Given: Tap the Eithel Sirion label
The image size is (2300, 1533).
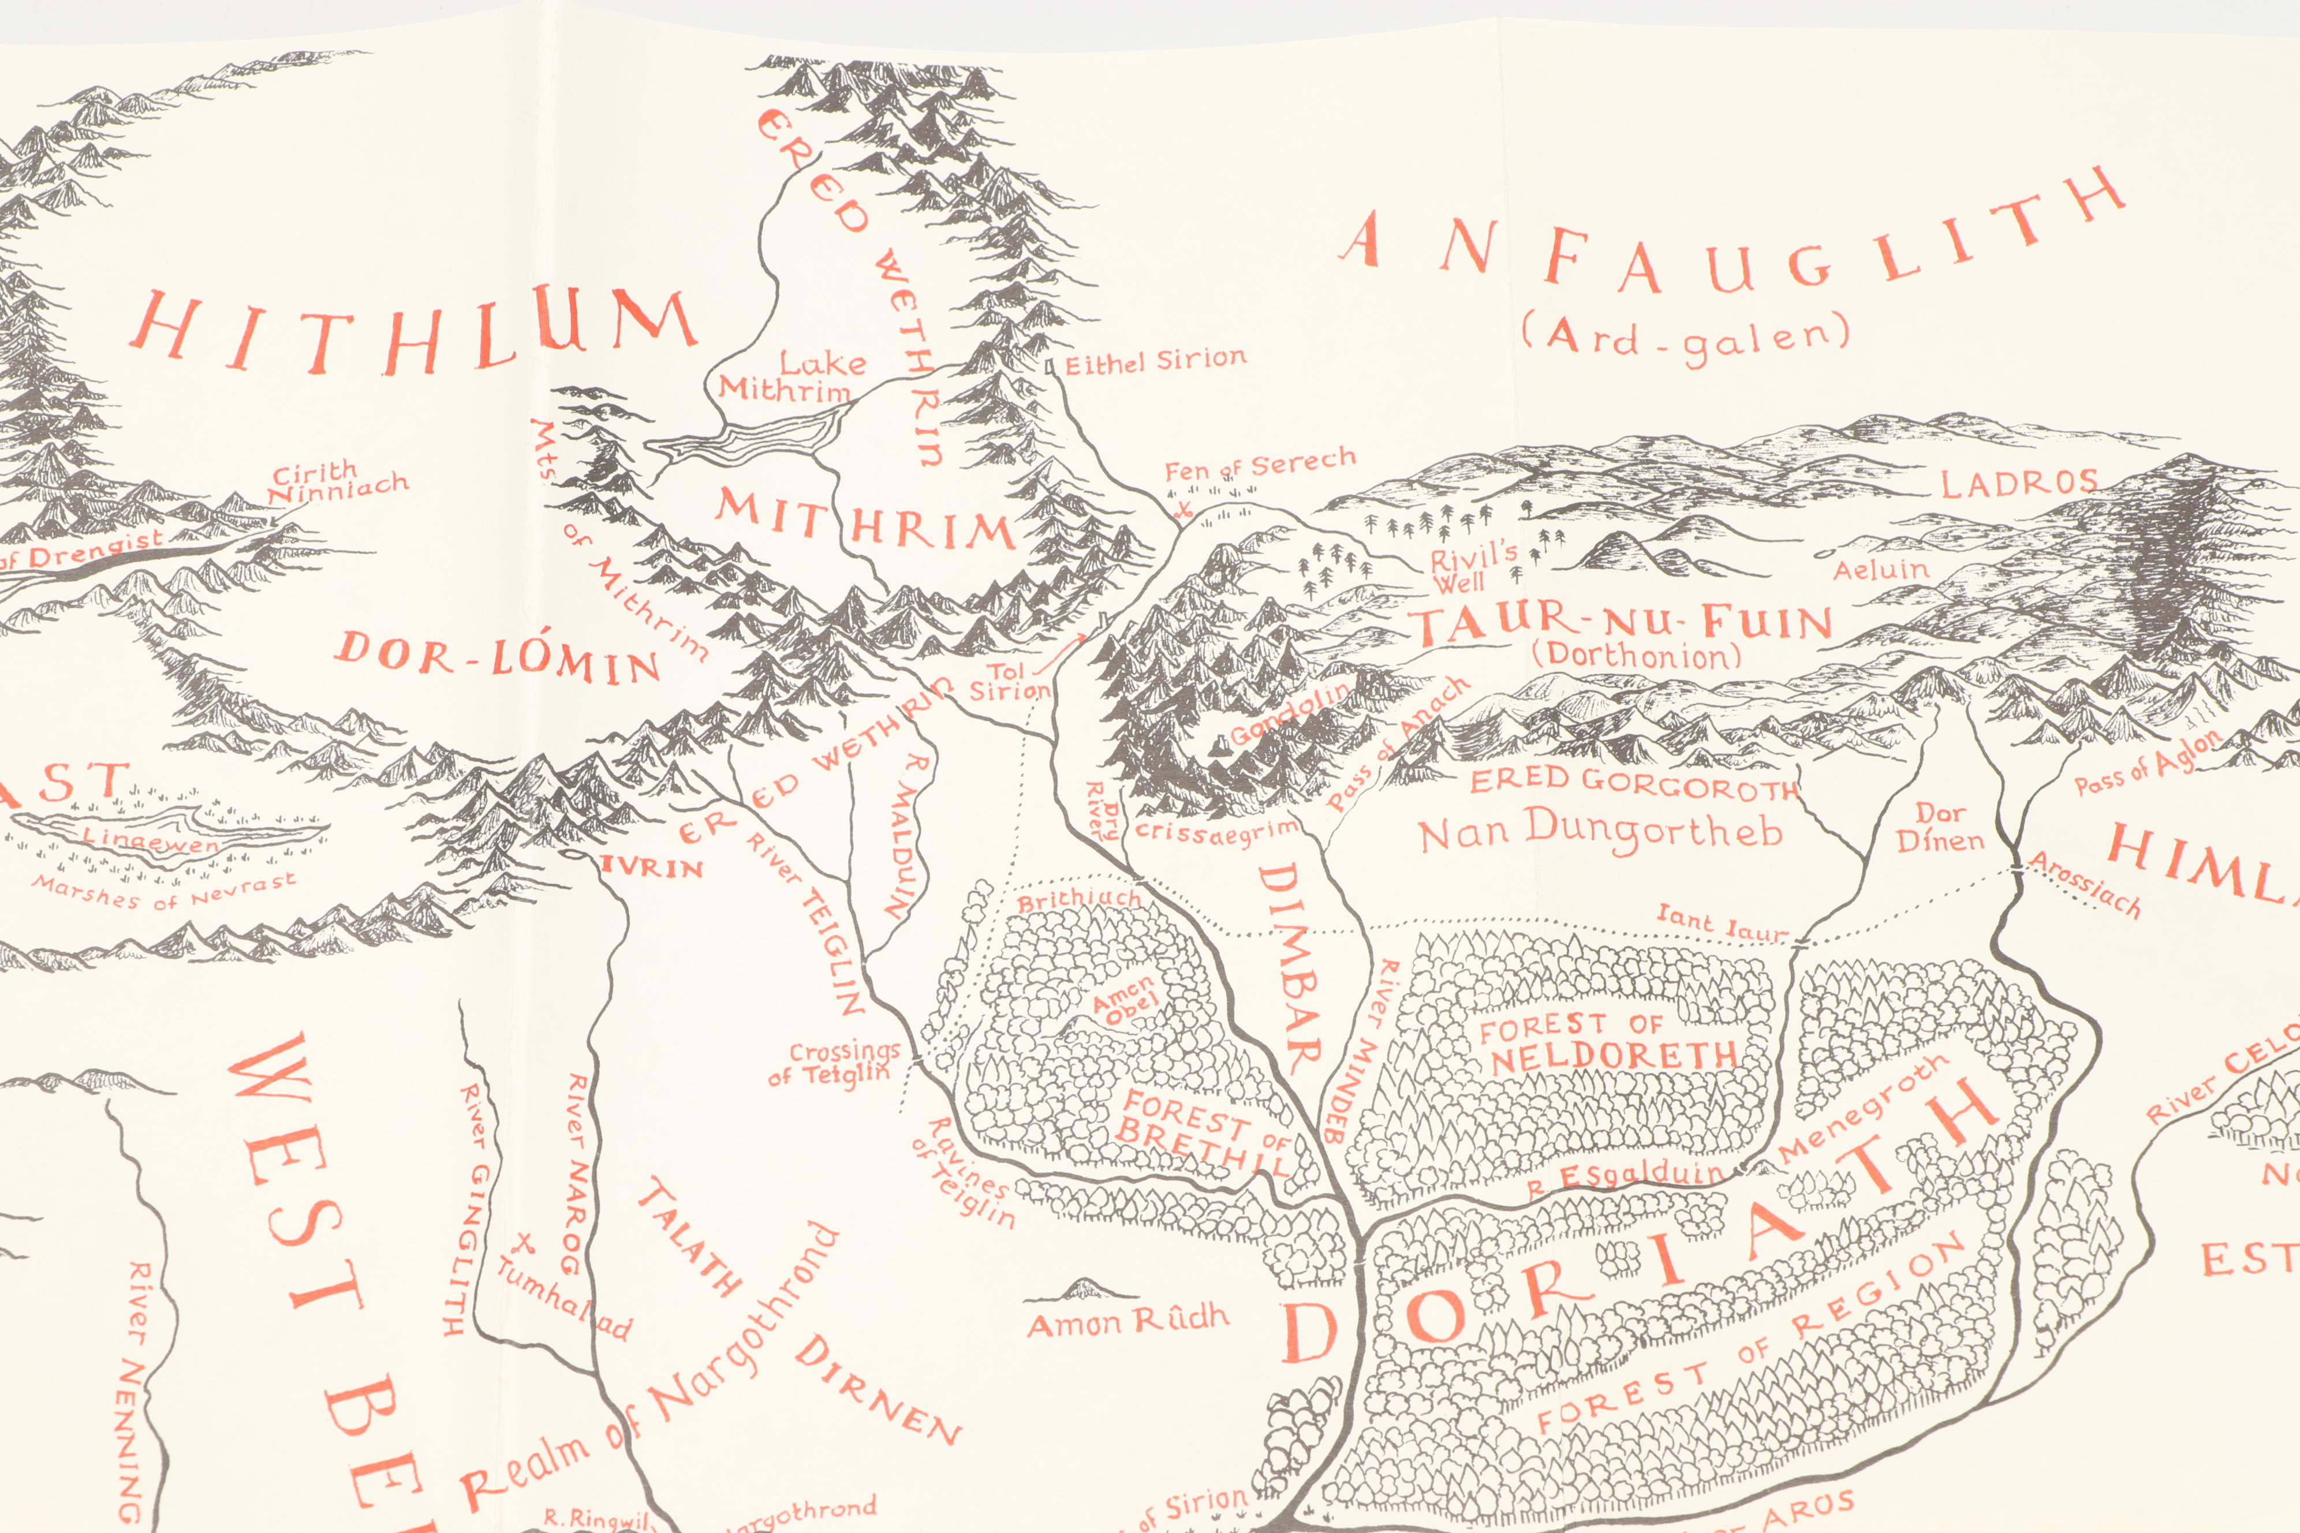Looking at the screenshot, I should pos(1155,362).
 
